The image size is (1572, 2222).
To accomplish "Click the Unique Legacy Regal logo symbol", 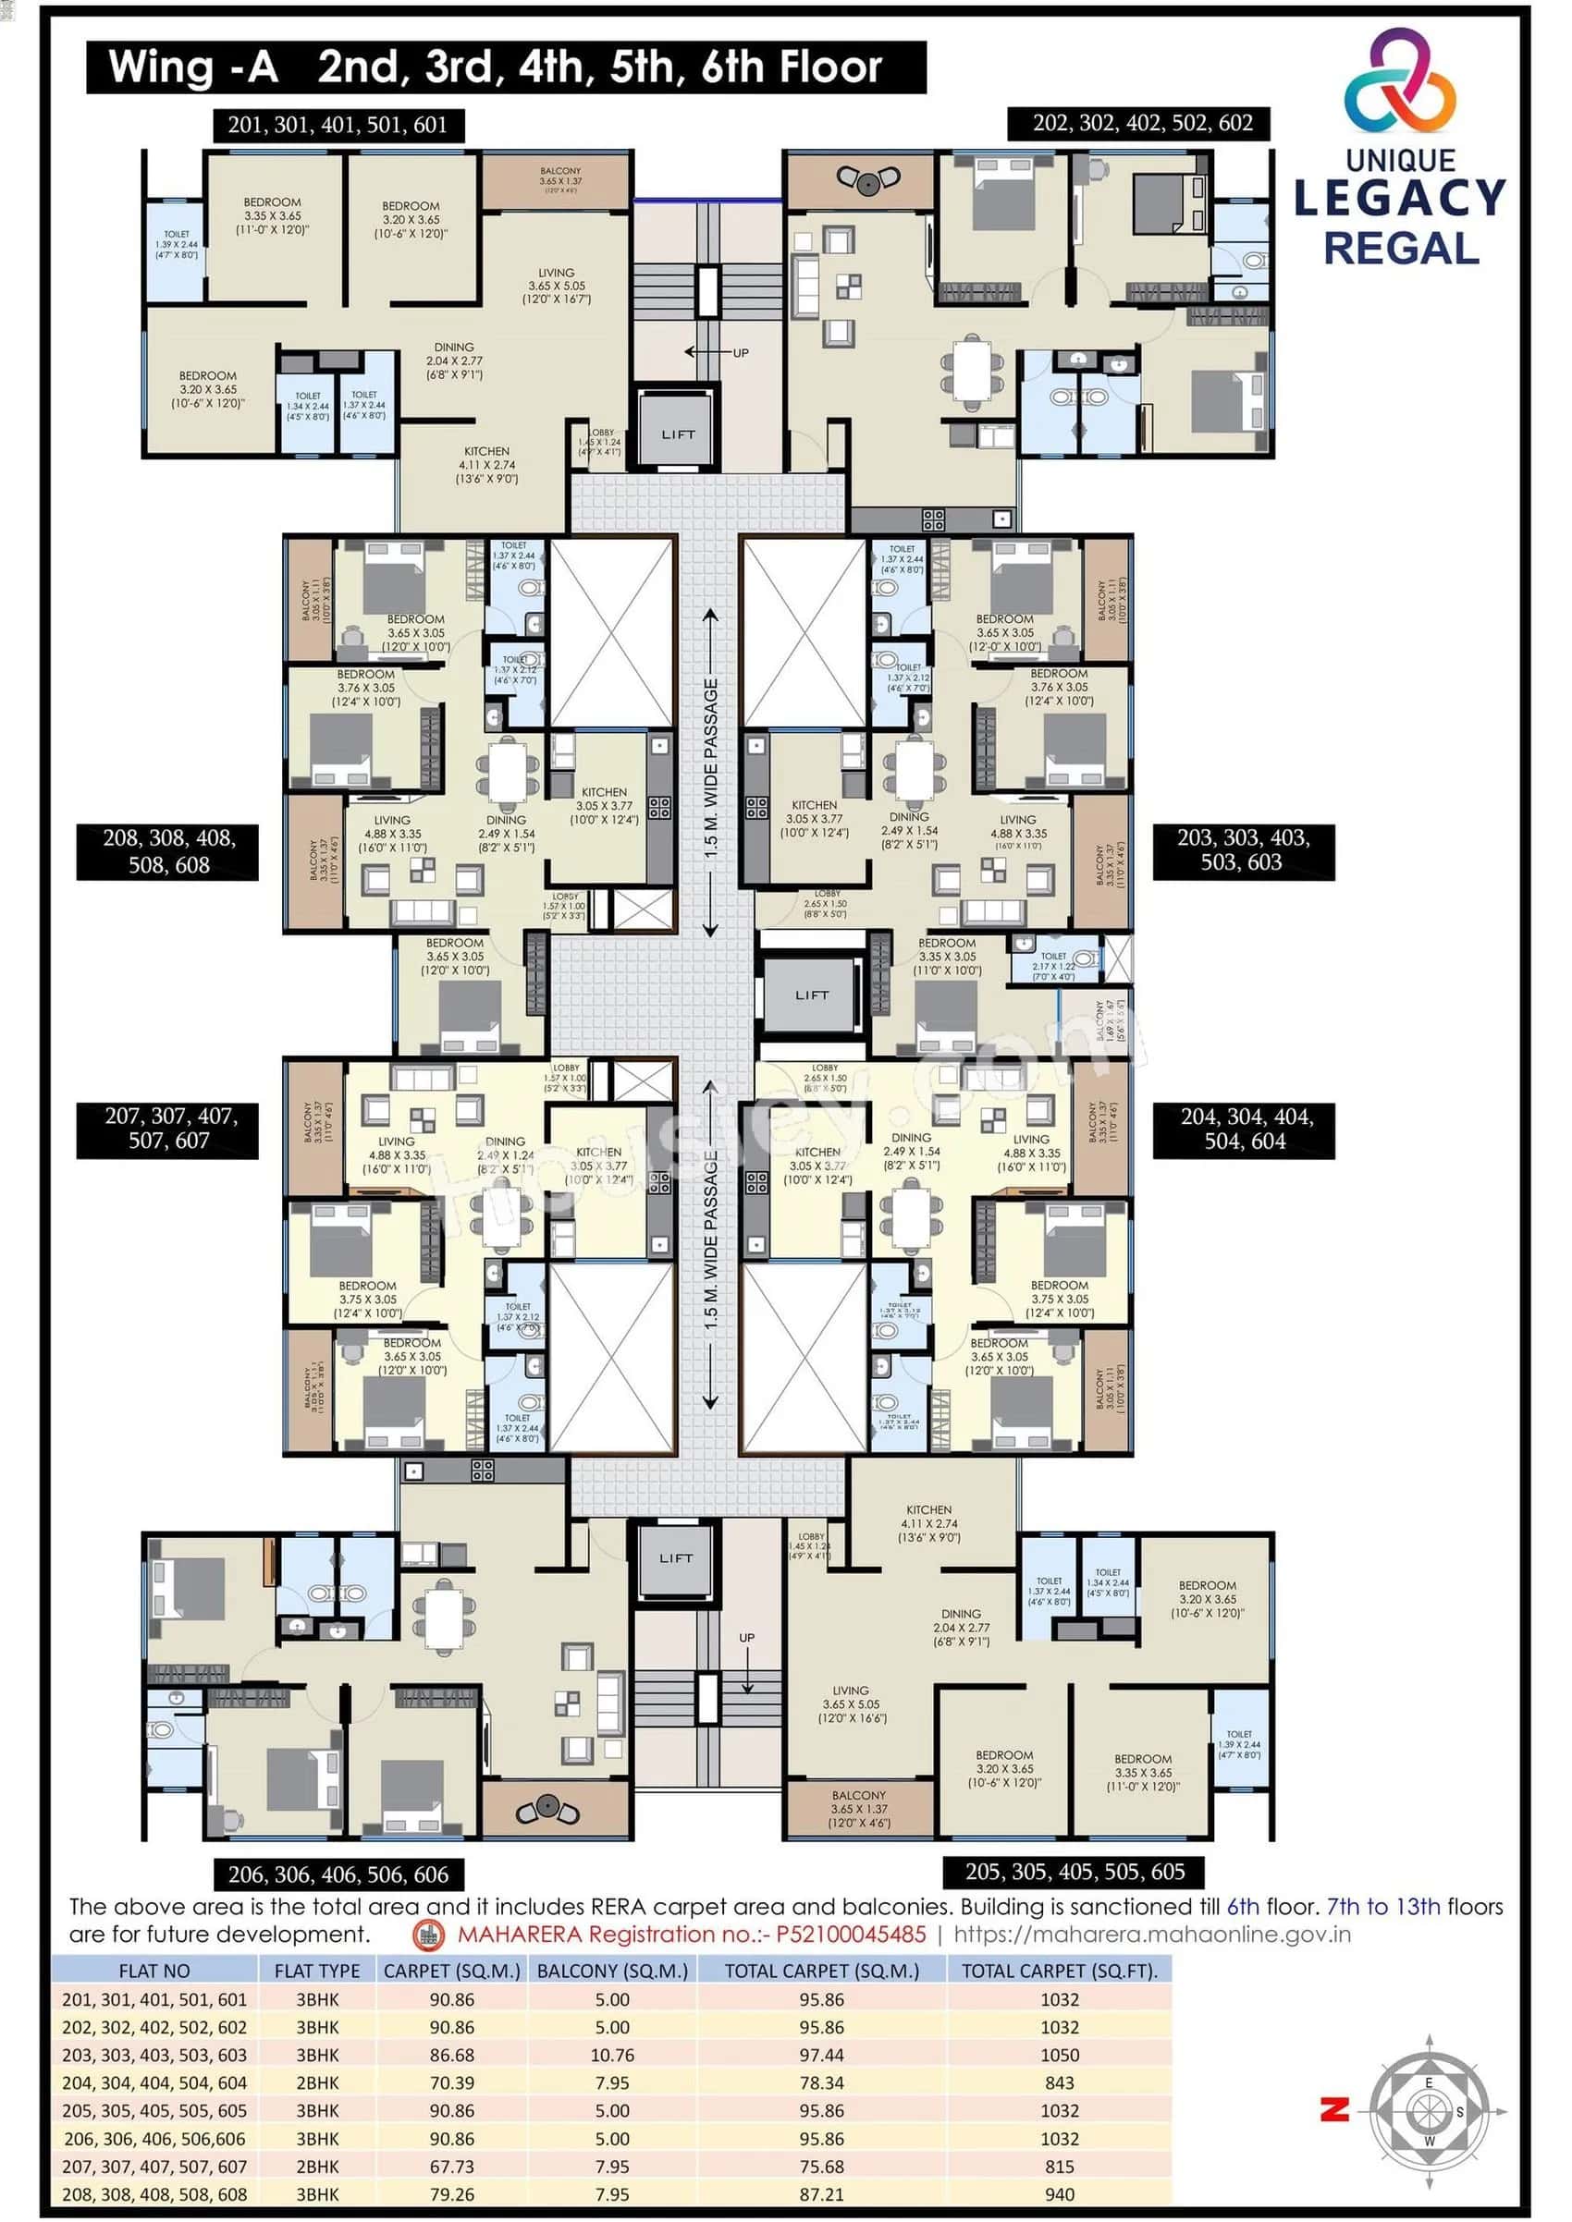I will click(x=1400, y=83).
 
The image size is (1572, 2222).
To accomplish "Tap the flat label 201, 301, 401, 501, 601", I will click(x=338, y=125).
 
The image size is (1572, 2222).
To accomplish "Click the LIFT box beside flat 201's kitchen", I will click(x=678, y=434).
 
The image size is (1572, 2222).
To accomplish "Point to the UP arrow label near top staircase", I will click(x=740, y=353).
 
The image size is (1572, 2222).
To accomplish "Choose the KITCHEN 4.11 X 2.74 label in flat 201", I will click(x=487, y=465).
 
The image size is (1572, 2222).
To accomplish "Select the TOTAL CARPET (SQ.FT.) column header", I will click(x=1059, y=1971).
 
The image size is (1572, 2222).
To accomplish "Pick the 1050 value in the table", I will click(x=1059, y=2055).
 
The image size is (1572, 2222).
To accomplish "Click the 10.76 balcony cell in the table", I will click(x=612, y=2055).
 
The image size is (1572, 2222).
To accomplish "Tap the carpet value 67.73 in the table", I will click(x=452, y=2166).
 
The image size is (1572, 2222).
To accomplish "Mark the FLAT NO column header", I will click(x=154, y=1971).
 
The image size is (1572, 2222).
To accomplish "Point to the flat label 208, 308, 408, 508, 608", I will click(x=168, y=851).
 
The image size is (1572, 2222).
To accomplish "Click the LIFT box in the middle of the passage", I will click(x=811, y=995).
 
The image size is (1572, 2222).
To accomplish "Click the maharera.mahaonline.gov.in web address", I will click(x=1152, y=1934).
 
